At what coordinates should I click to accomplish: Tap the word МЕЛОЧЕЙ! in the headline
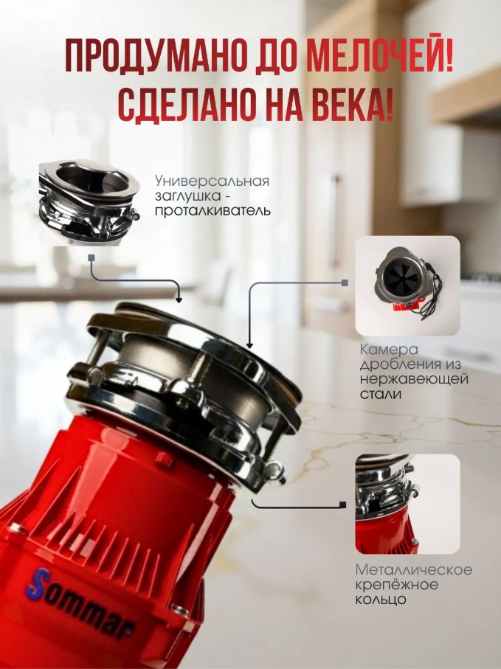[379, 57]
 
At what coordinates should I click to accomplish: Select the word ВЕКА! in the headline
[352, 103]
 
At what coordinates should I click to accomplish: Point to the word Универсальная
[212, 181]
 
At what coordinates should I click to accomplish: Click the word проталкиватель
[213, 211]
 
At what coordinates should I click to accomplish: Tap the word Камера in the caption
[389, 350]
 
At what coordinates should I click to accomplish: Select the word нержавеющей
[414, 379]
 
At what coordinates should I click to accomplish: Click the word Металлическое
[414, 570]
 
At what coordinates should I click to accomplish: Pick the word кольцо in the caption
[381, 600]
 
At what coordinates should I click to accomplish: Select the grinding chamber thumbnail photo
[407, 286]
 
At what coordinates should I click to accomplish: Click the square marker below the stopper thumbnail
[91, 257]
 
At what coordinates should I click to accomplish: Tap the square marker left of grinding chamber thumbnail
[345, 282]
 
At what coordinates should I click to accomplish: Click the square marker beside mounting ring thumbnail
[342, 505]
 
